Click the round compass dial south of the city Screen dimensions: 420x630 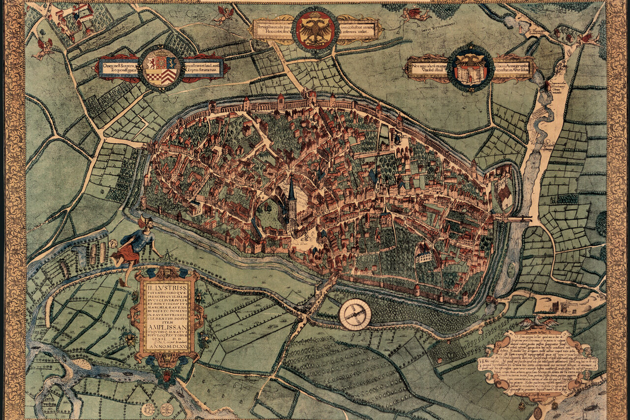[355, 315]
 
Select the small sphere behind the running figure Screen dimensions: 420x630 [114, 243]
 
